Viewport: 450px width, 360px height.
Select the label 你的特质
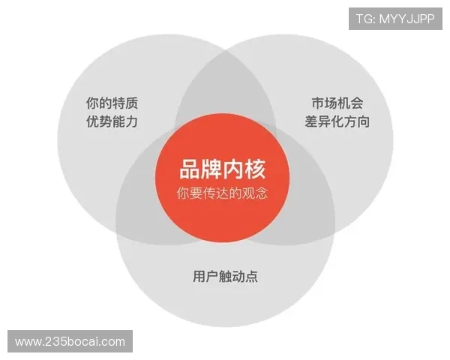[112, 103]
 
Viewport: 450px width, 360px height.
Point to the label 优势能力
[112, 121]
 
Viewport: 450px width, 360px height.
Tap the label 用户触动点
[225, 276]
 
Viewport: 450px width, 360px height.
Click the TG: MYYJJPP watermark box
[395, 18]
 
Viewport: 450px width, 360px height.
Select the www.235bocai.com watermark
[71, 342]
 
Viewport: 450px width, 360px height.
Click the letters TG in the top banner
[364, 18]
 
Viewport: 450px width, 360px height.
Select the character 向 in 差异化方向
[363, 121]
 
